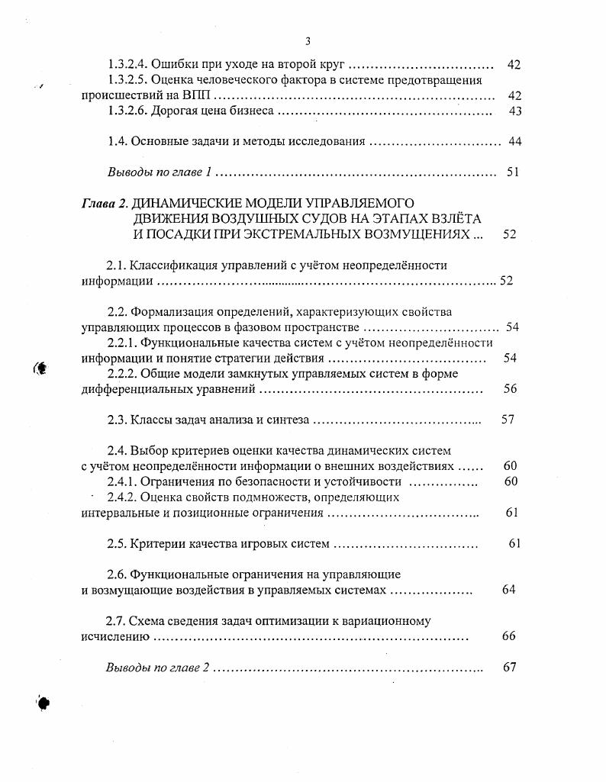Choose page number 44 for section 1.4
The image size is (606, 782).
point(514,142)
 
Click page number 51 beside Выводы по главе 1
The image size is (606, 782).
point(513,172)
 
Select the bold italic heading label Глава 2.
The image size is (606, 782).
point(105,204)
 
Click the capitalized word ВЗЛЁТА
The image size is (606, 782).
point(463,219)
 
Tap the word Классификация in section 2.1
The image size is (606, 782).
point(170,265)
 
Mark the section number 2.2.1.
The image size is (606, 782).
point(122,343)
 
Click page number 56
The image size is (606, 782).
point(511,389)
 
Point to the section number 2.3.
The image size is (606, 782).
point(117,420)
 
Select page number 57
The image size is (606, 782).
point(508,420)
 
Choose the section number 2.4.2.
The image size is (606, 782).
point(122,497)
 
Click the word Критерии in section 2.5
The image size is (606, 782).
point(156,544)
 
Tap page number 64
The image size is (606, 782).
point(509,591)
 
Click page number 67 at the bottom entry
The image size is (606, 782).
point(511,667)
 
